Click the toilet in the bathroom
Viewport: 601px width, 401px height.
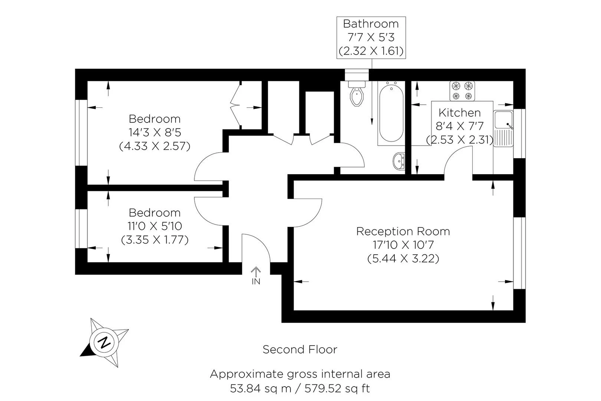point(357,95)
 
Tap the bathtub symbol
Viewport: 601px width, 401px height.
point(391,113)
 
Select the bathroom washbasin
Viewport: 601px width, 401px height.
point(400,162)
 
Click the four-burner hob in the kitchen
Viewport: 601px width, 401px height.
point(462,91)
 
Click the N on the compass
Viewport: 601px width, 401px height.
point(105,342)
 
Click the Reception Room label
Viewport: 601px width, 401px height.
point(403,231)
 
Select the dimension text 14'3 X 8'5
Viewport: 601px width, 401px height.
point(155,132)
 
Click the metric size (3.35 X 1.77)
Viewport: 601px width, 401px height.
point(155,240)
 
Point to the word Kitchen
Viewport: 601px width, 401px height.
point(459,113)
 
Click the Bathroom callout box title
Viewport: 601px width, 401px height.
point(371,24)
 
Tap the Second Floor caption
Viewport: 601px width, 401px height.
point(300,349)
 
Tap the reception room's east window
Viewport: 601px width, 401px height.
point(519,252)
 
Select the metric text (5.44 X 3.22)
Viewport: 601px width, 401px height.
point(403,258)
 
